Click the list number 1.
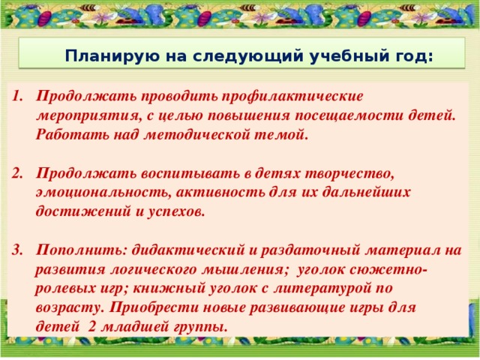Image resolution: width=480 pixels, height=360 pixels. coord(18,97)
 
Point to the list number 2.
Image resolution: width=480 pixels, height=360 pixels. coord(18,173)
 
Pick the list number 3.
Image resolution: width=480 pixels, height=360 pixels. coord(18,250)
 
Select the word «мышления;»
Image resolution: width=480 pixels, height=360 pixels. coord(248,269)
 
